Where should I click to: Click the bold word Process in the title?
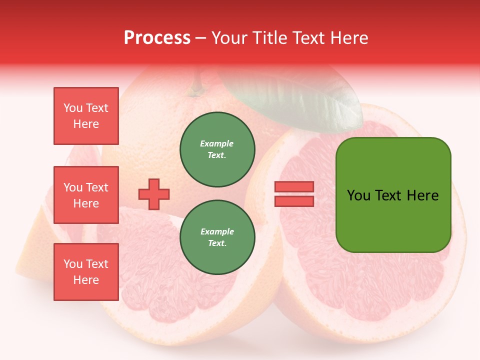(x=157, y=38)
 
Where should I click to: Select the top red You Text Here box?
(x=86, y=116)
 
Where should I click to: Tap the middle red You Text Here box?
(x=86, y=195)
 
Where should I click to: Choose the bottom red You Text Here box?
(x=86, y=272)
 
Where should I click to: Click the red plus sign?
(x=154, y=194)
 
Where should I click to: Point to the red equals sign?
(x=294, y=194)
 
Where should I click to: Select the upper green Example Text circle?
(x=217, y=149)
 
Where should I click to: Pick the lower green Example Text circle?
(x=217, y=237)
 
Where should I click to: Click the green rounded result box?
(x=393, y=195)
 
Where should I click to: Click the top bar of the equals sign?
(x=294, y=187)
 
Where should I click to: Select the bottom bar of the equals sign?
(x=294, y=201)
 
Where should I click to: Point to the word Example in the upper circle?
(x=217, y=144)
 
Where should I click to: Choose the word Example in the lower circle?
(x=217, y=232)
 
